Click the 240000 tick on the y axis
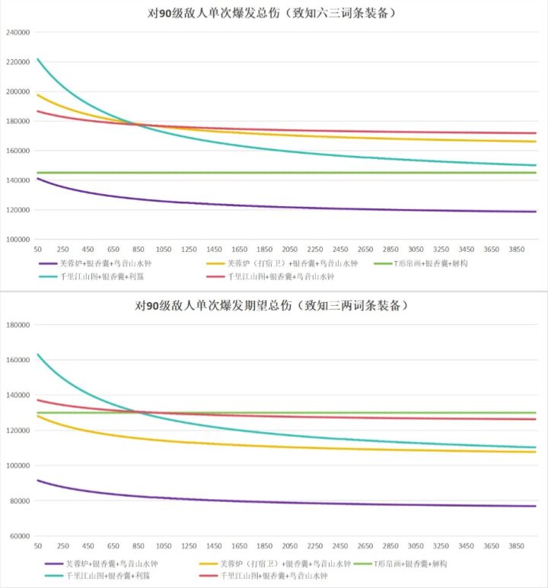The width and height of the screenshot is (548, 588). click(x=18, y=33)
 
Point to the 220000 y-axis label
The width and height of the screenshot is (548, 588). click(x=18, y=62)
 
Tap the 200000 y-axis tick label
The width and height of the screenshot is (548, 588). click(x=18, y=92)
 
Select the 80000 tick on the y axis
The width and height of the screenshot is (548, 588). click(x=20, y=501)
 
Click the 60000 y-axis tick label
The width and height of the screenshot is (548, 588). click(x=20, y=536)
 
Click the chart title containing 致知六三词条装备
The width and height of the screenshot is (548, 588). click(x=271, y=14)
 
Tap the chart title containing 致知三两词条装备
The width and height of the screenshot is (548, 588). click(x=271, y=306)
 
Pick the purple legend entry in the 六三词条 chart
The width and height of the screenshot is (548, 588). click(x=95, y=264)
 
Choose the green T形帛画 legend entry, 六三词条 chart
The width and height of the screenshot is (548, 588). click(x=421, y=264)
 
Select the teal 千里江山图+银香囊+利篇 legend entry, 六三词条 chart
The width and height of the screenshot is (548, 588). click(x=91, y=277)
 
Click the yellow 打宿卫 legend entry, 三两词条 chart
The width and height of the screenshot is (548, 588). click(x=275, y=564)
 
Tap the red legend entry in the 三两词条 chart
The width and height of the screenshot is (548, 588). click(x=263, y=576)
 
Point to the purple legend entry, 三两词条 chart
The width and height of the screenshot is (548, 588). click(x=101, y=564)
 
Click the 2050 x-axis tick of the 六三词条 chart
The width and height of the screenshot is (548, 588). click(x=289, y=250)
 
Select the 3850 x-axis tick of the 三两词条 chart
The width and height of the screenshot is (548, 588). click(x=516, y=546)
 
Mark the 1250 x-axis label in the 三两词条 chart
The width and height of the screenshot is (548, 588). click(x=189, y=546)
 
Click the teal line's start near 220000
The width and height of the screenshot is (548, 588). click(x=37, y=59)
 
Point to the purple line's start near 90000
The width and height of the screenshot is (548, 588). click(x=37, y=481)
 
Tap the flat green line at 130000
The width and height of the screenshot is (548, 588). click(x=286, y=412)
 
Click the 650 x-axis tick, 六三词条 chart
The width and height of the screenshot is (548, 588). click(x=113, y=250)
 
